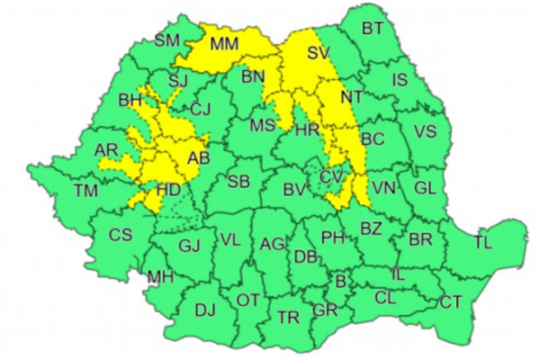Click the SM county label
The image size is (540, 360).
point(167,40)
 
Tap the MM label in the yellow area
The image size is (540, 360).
point(223,43)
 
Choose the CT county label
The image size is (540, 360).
point(450,302)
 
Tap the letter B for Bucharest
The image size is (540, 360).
point(339,282)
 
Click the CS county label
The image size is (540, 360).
point(120,235)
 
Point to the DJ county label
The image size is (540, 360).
point(205,310)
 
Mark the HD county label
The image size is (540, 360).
point(168,190)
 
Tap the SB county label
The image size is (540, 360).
point(238,182)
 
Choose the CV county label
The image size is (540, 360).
point(330,175)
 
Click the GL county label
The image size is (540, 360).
point(422,187)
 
